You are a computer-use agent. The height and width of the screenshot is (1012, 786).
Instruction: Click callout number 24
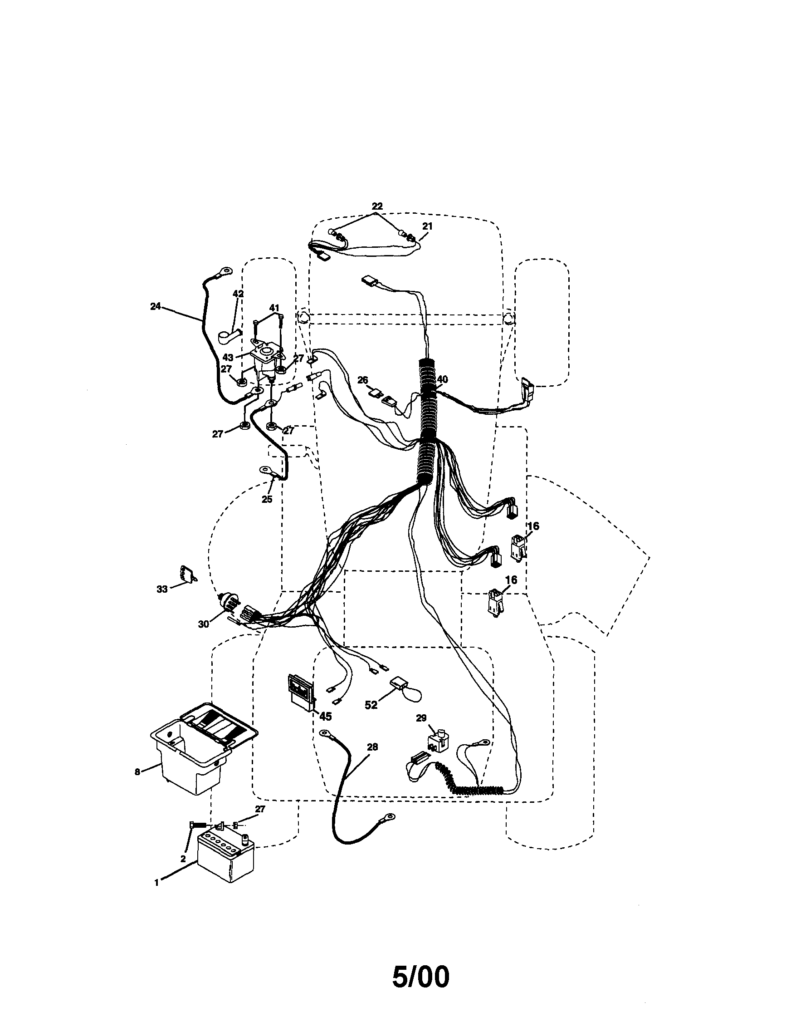tap(156, 306)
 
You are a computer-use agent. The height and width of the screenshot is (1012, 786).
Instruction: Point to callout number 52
tap(371, 705)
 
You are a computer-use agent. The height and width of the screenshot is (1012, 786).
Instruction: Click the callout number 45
tap(326, 717)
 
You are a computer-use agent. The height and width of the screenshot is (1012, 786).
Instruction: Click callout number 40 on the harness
tap(442, 379)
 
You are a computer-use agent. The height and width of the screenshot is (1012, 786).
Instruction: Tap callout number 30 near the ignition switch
tap(203, 624)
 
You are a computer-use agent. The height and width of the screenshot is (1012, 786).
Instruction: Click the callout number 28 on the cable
tap(372, 747)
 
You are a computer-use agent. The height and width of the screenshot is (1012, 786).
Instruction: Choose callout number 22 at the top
tap(377, 206)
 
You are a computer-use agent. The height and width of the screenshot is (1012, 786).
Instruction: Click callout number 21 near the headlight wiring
tap(427, 226)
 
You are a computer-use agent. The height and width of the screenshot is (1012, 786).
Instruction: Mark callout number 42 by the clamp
tap(238, 294)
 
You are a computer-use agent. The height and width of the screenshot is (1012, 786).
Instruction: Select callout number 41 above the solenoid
tap(274, 308)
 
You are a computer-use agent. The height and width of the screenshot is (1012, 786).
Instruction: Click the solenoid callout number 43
tap(228, 358)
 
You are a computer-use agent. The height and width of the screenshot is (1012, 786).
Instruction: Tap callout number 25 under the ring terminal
tap(267, 499)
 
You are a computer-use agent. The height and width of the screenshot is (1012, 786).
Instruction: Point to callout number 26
tap(363, 380)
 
